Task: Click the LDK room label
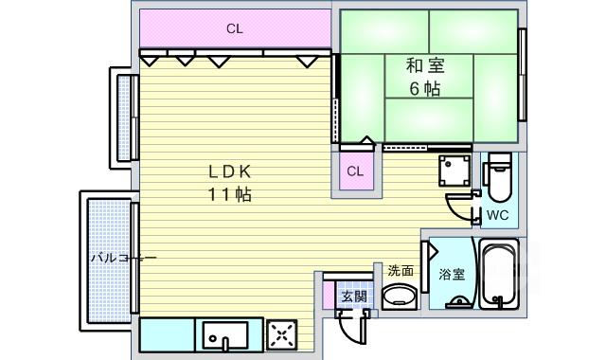point(230,171)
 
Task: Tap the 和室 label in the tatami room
point(425,65)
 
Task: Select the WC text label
point(497,215)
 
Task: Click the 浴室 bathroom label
point(452,274)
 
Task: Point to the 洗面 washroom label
point(401,271)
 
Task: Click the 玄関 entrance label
point(354,297)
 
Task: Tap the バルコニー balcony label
point(124,258)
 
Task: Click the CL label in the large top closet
point(235,29)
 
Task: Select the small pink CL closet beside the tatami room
point(357,171)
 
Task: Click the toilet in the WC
point(499,176)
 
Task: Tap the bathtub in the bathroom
point(499,274)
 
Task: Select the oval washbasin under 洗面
point(400,297)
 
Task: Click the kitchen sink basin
point(225,334)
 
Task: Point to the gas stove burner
point(282,335)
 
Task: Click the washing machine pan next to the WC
point(454,171)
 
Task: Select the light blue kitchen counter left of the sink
point(167,334)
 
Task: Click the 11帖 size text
point(230,194)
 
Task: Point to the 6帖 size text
point(425,89)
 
